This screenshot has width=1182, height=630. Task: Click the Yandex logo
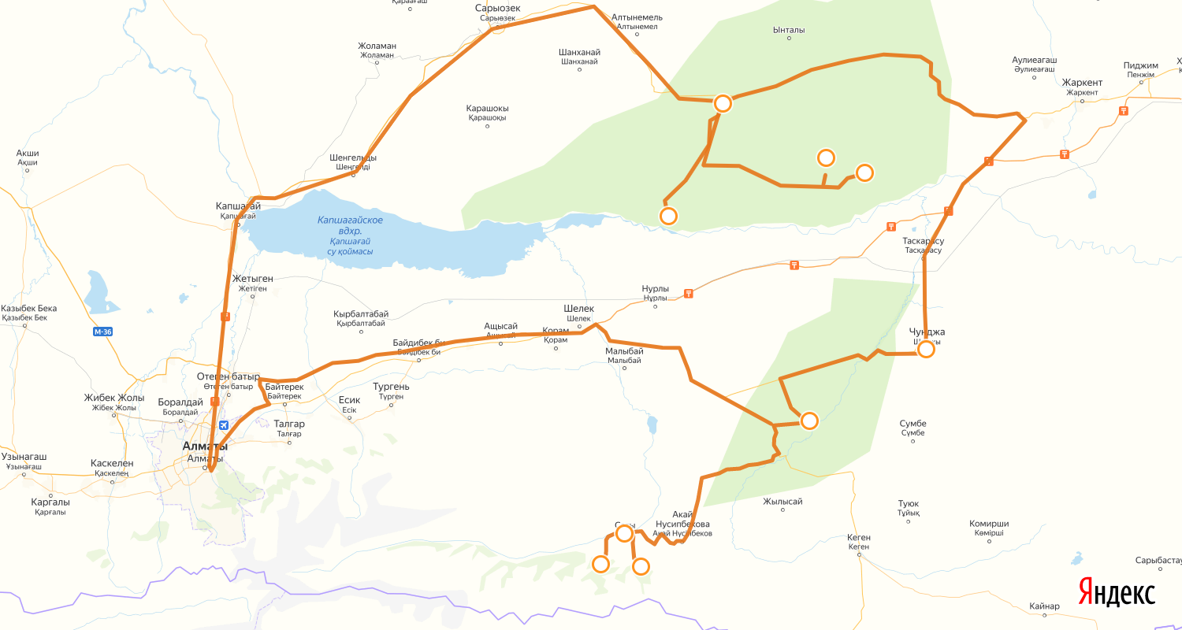pos(1117,591)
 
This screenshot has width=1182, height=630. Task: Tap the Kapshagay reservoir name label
pos(350,235)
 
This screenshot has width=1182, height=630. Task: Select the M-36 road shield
pos(102,332)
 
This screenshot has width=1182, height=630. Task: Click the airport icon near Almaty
pos(223,425)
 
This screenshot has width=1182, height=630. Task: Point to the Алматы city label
pos(203,447)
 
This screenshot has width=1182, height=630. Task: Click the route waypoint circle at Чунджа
pos(926,350)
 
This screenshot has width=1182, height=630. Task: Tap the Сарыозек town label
pos(497,9)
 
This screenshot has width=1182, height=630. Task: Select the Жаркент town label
pos(1082,83)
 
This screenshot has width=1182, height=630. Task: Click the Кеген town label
pos(858,537)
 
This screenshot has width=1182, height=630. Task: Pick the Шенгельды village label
pos(353,157)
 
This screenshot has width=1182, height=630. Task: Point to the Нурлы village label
pos(655,289)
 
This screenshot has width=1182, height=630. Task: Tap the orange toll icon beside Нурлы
pos(689,294)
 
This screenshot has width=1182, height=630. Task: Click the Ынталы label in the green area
pos(788,30)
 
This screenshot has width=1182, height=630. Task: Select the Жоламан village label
pos(376,46)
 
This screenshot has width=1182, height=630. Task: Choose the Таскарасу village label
pos(924,241)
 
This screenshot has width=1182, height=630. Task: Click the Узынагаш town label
pos(24,457)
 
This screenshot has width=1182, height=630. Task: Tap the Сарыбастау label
pos(1159,560)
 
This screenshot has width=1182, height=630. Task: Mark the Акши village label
pos(28,154)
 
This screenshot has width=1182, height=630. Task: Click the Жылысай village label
pos(782,501)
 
